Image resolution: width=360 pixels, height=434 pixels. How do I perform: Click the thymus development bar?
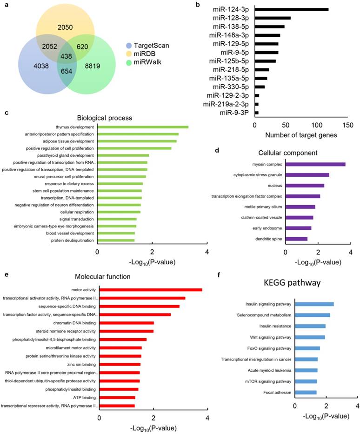(142, 127)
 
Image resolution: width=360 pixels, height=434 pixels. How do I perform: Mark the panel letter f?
(219, 274)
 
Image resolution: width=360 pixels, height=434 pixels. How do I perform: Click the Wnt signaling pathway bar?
(310, 337)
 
